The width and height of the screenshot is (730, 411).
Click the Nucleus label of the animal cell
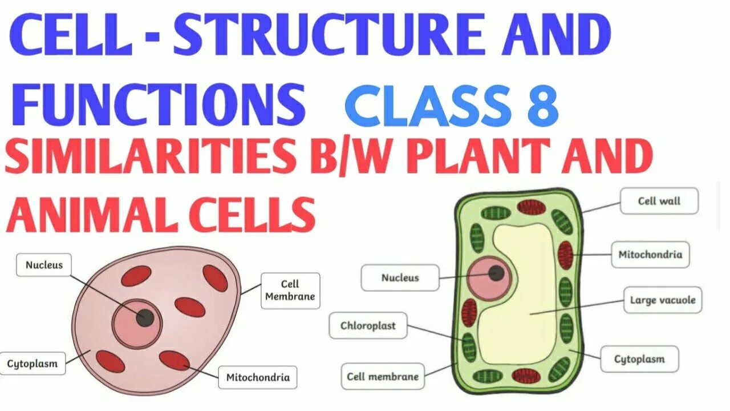44,265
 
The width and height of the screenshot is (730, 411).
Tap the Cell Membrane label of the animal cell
290,291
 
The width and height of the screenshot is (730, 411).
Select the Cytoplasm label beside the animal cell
33,363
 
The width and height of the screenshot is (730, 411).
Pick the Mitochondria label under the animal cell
258,377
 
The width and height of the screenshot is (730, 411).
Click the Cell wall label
659,201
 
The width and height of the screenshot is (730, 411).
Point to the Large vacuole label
662,300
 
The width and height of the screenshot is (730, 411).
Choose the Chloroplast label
368,326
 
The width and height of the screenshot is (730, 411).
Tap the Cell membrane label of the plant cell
382,376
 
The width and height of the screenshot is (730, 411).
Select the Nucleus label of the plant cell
400,278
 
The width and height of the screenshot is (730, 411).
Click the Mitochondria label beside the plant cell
650,255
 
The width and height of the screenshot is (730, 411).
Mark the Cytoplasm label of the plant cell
639,359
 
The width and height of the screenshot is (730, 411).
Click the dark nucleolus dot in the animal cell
145,318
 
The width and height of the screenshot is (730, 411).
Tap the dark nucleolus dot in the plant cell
496,273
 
